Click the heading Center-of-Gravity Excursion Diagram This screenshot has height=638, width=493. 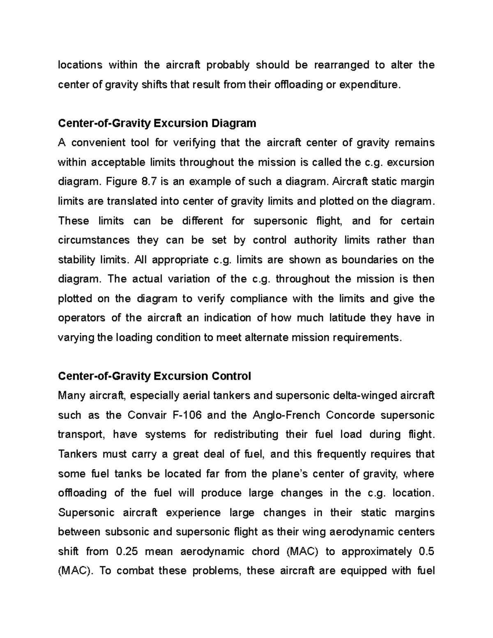click(x=157, y=123)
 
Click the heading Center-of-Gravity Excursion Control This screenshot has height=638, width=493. click(x=154, y=376)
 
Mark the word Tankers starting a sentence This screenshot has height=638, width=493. click(x=78, y=454)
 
